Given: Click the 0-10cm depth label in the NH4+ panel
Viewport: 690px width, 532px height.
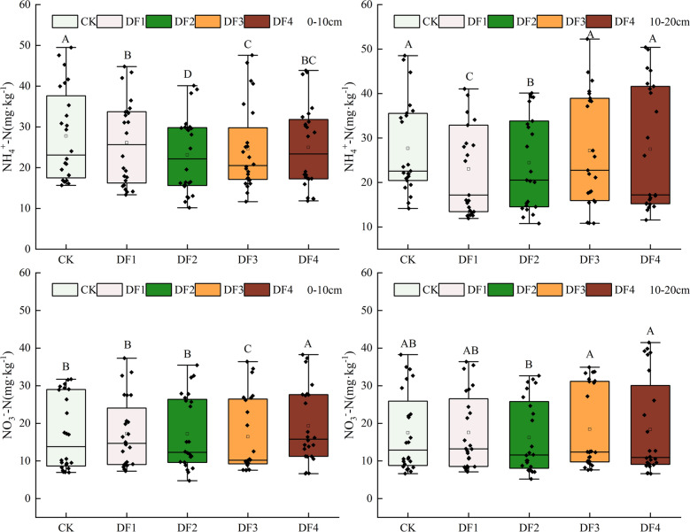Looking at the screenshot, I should pos(316,19).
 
